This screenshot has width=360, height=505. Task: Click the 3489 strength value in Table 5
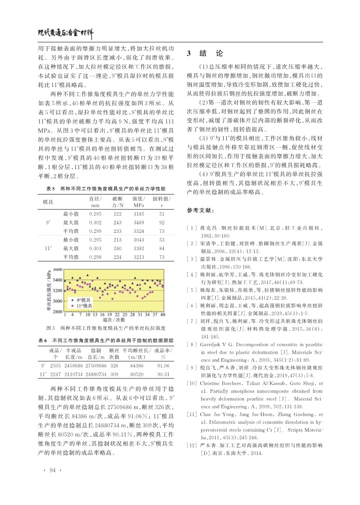[139, 222]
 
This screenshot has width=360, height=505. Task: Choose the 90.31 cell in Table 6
[163, 374]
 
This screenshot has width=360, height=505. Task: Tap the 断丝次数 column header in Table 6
[114, 353]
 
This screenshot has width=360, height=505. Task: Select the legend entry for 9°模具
[82, 299]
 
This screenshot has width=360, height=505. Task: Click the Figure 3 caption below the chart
[105, 329]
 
